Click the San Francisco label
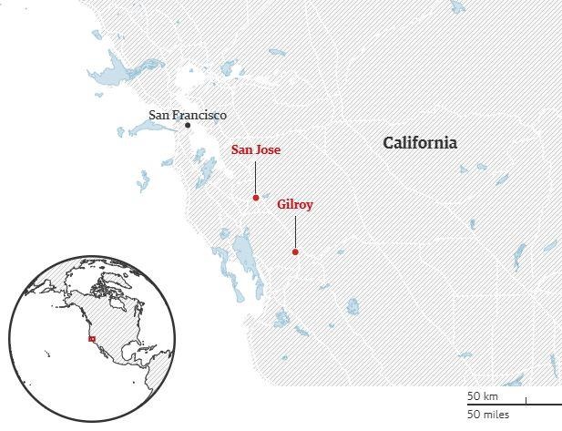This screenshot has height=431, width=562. click(188, 116)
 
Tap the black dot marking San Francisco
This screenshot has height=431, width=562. click(188, 126)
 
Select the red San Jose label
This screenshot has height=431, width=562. click(256, 149)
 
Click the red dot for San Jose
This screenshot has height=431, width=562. click(256, 198)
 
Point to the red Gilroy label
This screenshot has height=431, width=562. click(295, 205)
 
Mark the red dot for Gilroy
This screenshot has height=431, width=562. click(295, 252)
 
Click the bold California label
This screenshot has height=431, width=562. click(419, 143)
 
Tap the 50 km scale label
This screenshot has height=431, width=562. click(482, 396)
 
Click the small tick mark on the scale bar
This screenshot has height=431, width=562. click(526, 399)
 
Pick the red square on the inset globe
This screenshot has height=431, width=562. click(91, 339)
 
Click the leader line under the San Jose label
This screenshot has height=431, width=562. click(256, 175)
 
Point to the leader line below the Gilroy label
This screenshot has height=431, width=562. click(295, 231)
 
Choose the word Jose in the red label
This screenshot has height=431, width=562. click(269, 149)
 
